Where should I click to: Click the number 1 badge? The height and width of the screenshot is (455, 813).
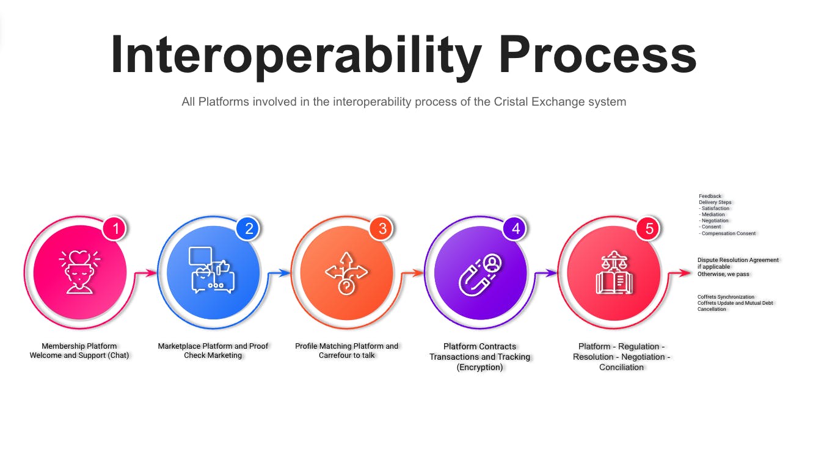[x=115, y=228]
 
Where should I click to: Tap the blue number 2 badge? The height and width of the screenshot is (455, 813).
[x=249, y=228]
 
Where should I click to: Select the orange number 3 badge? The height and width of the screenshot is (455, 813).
[x=382, y=228]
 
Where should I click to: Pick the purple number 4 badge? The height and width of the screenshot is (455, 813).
[x=516, y=228]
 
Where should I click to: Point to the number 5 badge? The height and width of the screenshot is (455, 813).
[x=649, y=228]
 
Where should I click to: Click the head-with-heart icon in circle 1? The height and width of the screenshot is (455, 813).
[x=79, y=272]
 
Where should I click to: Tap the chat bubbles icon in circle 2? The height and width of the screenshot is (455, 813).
[x=213, y=271]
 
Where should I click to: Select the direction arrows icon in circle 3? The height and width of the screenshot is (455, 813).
[x=346, y=273]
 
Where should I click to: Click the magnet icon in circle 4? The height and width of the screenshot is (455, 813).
[x=480, y=275]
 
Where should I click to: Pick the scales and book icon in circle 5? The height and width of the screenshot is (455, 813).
[x=614, y=272]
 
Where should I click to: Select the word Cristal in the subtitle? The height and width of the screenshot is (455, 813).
[x=511, y=101]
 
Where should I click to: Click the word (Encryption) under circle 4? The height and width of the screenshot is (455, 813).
[x=480, y=367]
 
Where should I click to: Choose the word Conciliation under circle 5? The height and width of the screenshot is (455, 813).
[x=621, y=367]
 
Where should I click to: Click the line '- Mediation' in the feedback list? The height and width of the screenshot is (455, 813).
[x=712, y=214]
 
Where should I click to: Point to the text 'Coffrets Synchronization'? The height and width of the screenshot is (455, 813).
[x=726, y=297]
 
